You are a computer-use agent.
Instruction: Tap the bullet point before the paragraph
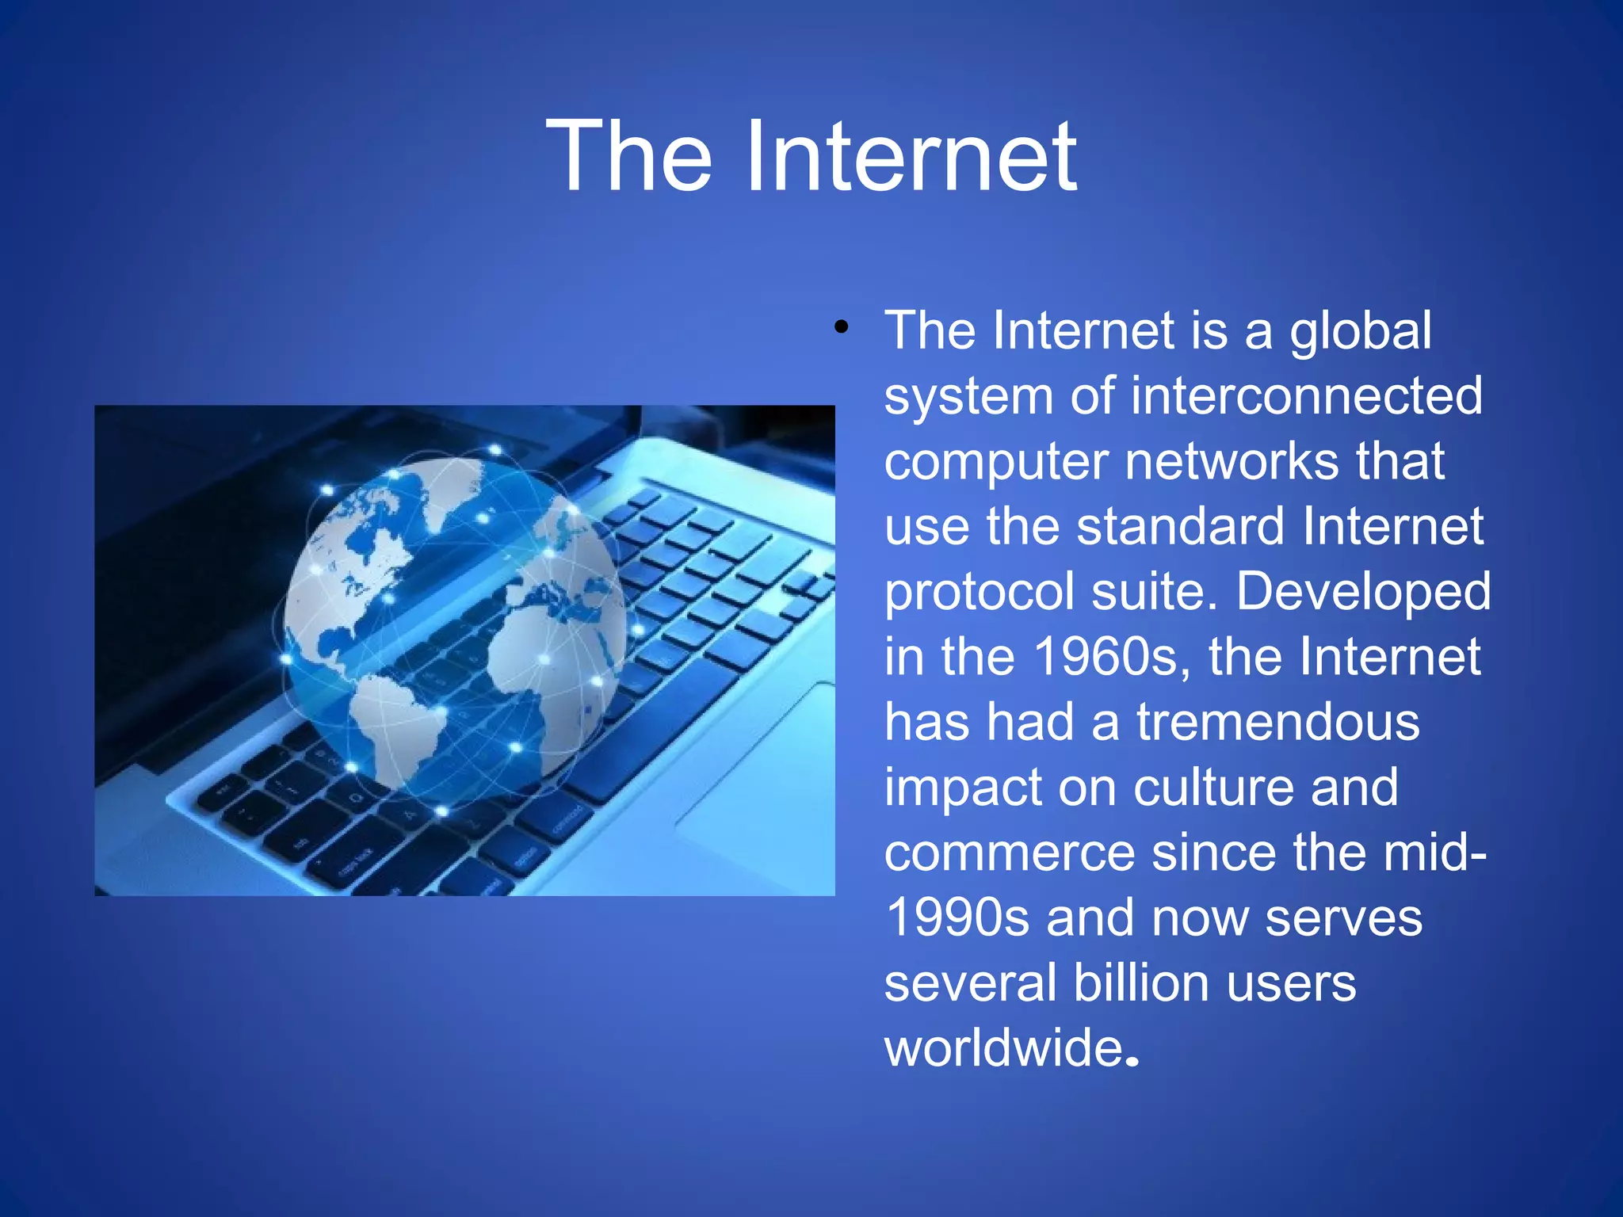pos(841,326)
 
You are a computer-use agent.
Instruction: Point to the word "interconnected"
pos(1306,395)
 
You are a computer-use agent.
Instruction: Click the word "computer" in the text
pos(995,463)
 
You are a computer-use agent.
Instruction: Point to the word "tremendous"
pos(1277,722)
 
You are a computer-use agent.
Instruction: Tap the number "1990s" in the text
pos(957,918)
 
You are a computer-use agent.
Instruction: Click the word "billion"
pos(1141,982)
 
